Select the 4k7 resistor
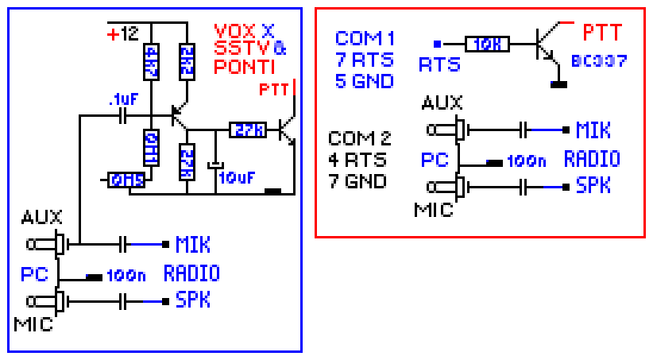click(x=149, y=60)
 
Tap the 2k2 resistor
click(x=186, y=60)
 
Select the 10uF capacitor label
click(x=238, y=177)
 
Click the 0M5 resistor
click(x=127, y=180)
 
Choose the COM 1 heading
click(x=365, y=37)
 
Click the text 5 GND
click(x=365, y=80)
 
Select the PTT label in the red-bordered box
click(x=602, y=33)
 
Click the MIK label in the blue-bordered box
click(x=192, y=243)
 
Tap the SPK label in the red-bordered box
click(x=593, y=187)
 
